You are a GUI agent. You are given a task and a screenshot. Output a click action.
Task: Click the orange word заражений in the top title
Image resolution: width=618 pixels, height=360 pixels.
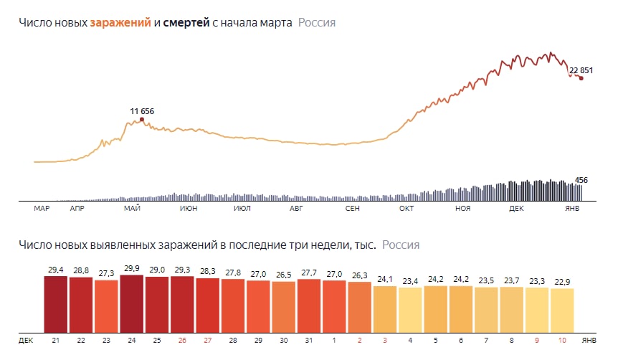pos(120,23)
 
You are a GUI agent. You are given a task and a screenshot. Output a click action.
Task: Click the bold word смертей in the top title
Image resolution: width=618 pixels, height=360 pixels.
pos(186,23)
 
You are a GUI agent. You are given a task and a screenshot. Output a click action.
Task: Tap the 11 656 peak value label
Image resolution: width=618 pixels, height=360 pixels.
pos(142,111)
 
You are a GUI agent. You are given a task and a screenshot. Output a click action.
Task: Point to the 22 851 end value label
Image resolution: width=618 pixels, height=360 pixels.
pos(581,70)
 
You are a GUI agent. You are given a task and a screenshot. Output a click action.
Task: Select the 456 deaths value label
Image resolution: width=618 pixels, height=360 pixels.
pos(581,180)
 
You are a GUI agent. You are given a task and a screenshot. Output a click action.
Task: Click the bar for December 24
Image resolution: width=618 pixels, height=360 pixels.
pos(132,300)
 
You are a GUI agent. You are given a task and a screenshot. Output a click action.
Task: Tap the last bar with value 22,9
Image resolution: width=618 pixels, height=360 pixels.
pos(562,309)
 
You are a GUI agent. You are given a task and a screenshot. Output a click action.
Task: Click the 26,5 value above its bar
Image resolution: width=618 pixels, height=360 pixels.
pos(283,275)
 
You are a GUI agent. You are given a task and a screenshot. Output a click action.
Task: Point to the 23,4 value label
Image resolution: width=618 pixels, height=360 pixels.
pos(410,281)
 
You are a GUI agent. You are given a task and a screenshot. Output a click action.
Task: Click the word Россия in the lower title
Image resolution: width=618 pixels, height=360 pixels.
pos(401,245)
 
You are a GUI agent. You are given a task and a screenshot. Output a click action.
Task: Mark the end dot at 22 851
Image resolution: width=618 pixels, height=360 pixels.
pos(581,78)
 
